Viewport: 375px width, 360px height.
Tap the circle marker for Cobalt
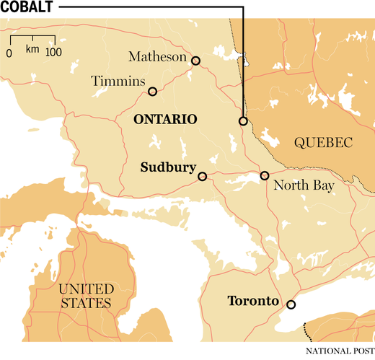243,121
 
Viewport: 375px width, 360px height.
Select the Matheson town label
156,56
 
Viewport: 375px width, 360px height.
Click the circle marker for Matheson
195,61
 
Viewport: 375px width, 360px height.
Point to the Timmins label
119,82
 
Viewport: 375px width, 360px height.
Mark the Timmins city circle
152,91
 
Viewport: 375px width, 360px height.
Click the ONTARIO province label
166,119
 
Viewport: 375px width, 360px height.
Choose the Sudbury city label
168,168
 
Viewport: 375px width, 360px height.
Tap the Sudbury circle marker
202,175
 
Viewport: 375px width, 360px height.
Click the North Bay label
304,186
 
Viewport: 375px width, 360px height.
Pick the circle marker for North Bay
265,175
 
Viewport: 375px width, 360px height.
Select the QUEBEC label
322,143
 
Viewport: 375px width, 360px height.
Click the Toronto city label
253,301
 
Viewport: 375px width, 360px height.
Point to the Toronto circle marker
291,304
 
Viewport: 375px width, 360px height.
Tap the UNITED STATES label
85,296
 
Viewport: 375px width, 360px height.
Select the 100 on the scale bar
54,53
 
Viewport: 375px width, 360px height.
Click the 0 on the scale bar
9,53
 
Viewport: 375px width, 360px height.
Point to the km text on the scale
32,49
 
